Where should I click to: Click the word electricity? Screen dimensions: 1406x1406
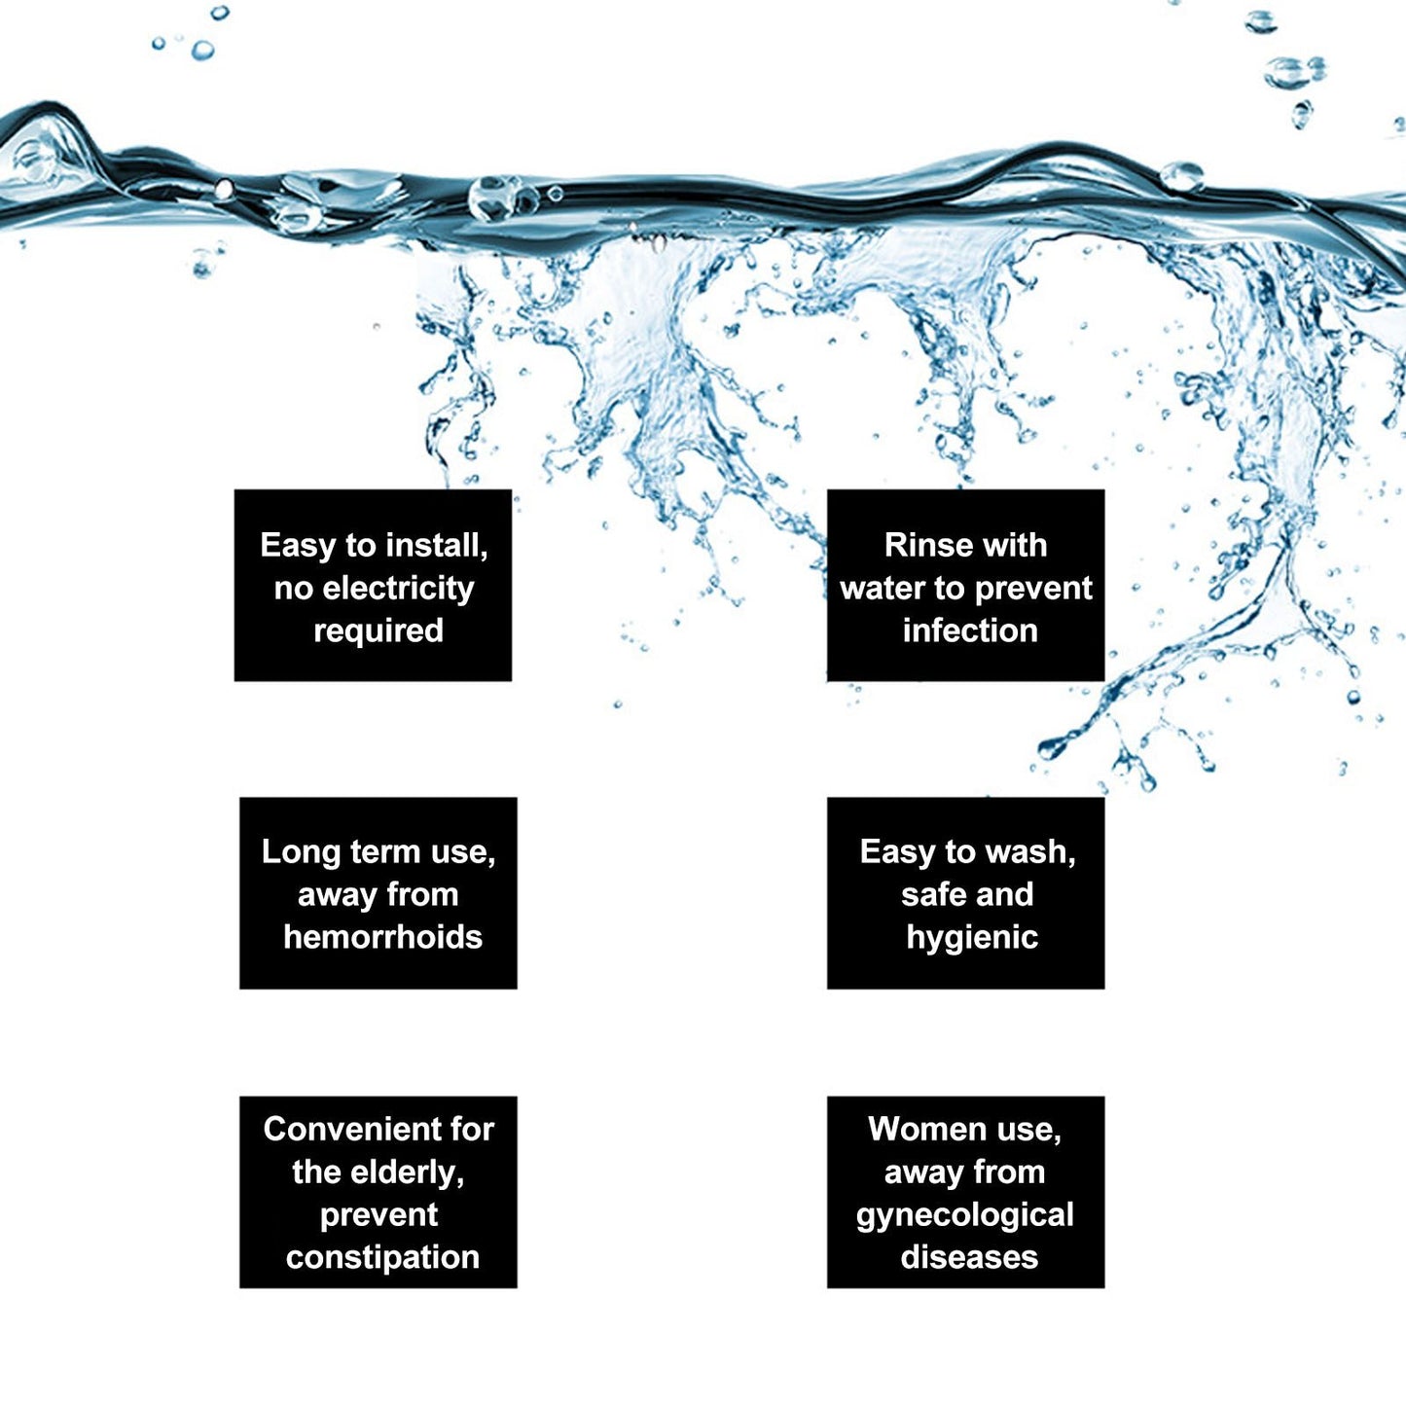click(398, 589)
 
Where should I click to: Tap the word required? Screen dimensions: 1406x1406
click(378, 631)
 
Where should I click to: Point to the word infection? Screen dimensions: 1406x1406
click(970, 631)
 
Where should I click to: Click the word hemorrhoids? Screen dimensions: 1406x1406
click(382, 938)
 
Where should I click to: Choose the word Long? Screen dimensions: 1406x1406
click(300, 853)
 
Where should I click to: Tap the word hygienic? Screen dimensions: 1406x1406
click(972, 939)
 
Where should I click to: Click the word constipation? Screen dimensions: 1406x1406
click(382, 1259)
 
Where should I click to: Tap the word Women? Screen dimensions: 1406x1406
click(919, 1130)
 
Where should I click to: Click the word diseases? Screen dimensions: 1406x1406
click(969, 1258)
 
